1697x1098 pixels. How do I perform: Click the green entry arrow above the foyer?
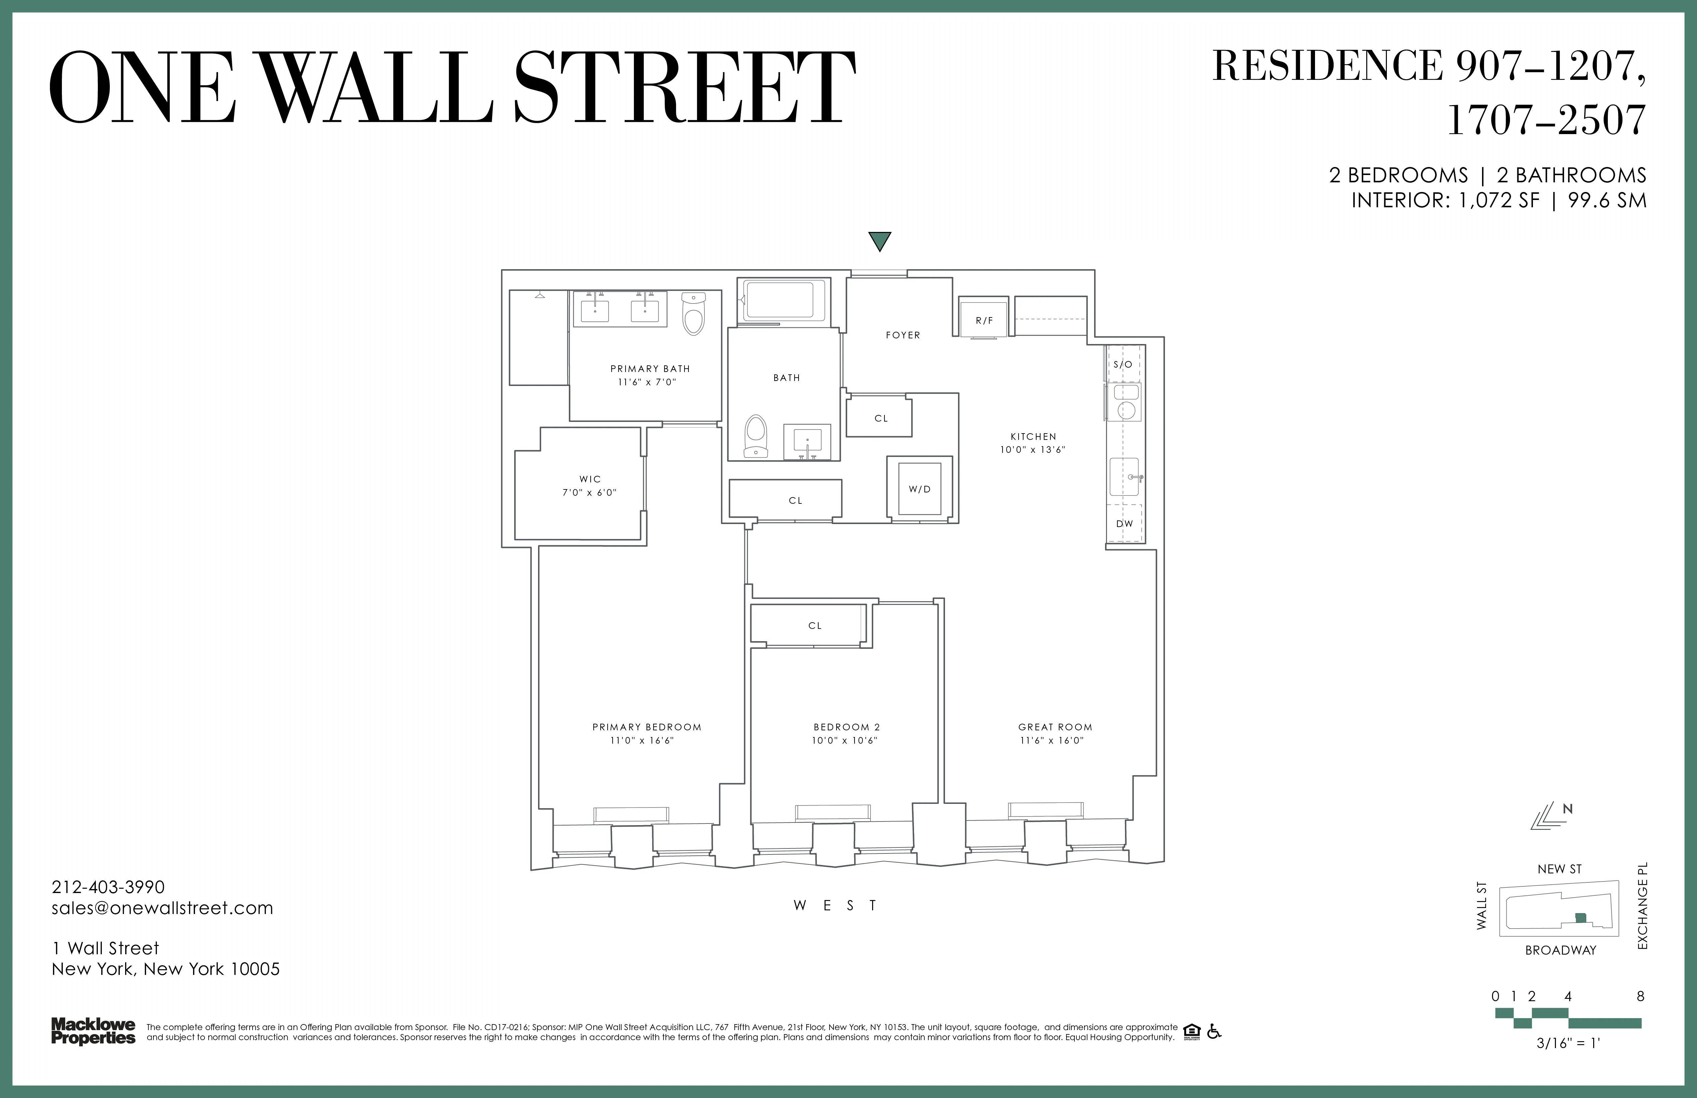coord(880,241)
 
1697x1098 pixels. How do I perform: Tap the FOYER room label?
coord(903,335)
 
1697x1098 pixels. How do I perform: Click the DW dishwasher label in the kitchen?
coord(1124,523)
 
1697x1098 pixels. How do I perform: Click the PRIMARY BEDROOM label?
coord(647,727)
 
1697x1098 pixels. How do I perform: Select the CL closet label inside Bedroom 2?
coord(815,625)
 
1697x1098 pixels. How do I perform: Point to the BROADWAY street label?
coord(1560,950)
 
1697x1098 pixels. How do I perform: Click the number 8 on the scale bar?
coord(1640,996)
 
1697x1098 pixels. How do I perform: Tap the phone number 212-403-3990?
coord(108,887)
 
